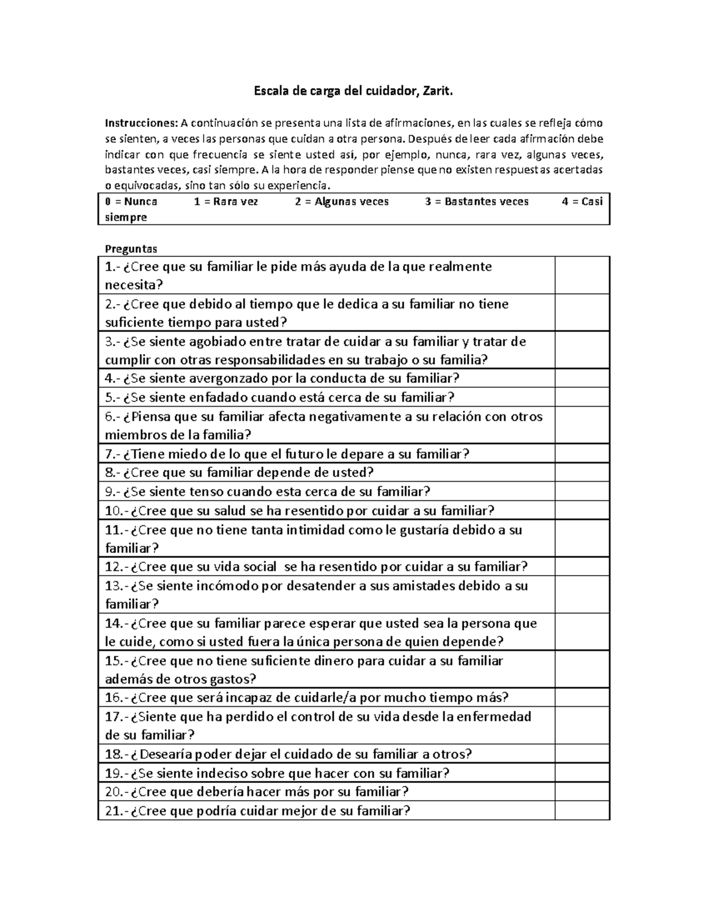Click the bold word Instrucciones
[x=140, y=123]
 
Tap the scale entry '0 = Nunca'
[x=131, y=202]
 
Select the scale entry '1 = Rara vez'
[x=226, y=202]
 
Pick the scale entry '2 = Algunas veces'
[x=342, y=202]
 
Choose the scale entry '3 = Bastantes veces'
[x=477, y=202]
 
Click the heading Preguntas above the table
[x=131, y=249]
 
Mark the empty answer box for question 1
[x=582, y=276]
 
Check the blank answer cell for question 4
[x=582, y=378]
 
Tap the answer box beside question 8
[x=582, y=472]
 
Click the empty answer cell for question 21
[x=582, y=811]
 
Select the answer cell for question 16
[x=582, y=698]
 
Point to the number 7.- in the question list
[x=113, y=454]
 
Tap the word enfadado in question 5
[x=212, y=397]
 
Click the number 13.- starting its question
[x=116, y=586]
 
